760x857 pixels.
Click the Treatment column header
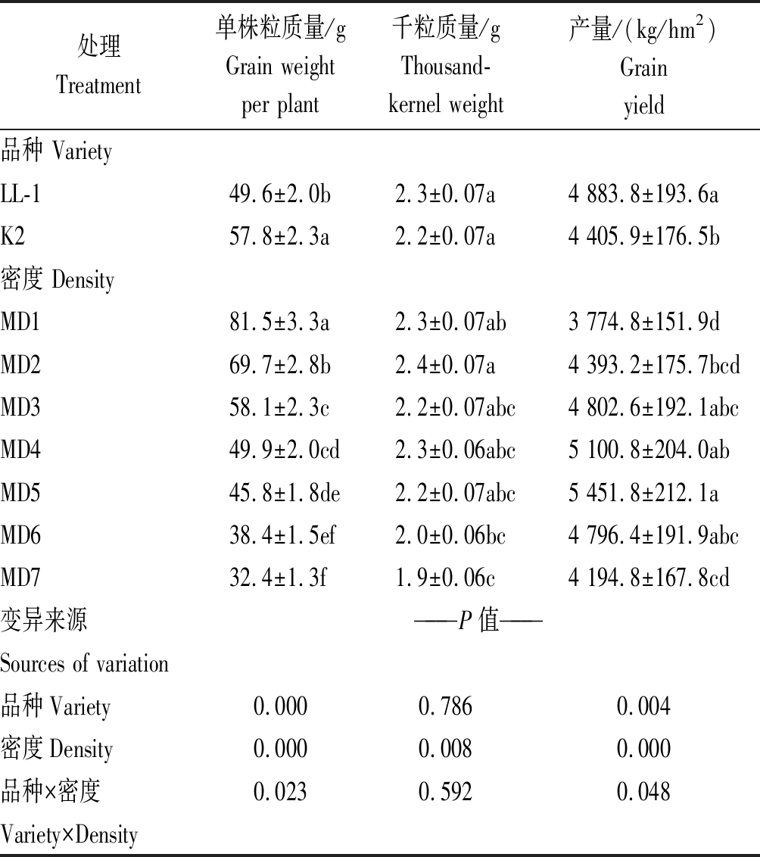[98, 66]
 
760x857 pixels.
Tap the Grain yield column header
[643, 67]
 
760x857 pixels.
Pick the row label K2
[13, 238]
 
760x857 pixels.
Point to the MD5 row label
[20, 494]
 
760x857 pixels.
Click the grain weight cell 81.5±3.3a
[279, 323]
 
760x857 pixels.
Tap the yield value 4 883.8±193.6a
[643, 195]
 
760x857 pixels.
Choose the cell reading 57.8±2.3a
[279, 238]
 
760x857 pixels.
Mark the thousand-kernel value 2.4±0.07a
[445, 366]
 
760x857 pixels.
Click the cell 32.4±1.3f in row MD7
[278, 578]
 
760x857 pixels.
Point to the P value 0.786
[445, 706]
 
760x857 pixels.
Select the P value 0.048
[643, 792]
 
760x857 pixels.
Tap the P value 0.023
[280, 792]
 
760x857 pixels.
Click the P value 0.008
[445, 749]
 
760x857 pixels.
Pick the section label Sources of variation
[84, 664]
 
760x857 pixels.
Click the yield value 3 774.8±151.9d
[643, 323]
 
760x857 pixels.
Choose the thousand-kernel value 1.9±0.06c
[445, 578]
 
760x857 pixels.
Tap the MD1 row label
[20, 323]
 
